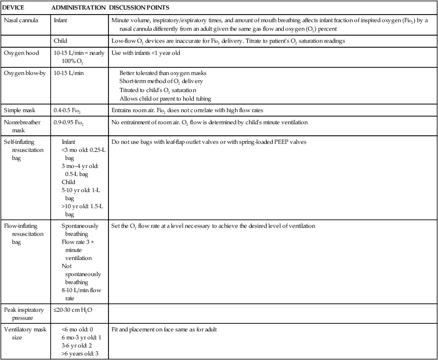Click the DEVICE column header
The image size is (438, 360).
[14, 8]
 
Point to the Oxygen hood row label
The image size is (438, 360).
[20, 52]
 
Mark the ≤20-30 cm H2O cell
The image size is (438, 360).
[72, 310]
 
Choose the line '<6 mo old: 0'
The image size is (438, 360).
[77, 329]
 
